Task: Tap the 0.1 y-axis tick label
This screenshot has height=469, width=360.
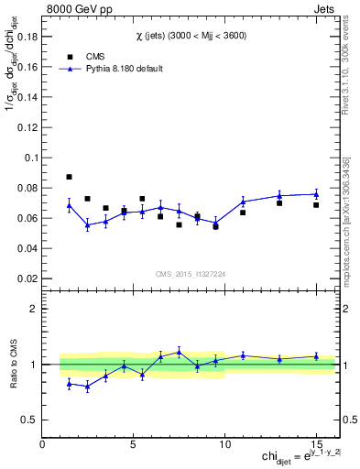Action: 29,158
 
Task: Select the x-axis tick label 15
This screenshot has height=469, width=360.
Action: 315,445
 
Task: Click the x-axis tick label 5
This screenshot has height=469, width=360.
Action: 134,445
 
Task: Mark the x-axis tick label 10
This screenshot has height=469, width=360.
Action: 224,445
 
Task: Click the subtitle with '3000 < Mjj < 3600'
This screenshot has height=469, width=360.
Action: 191,35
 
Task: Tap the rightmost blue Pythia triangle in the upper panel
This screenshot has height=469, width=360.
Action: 316,194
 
